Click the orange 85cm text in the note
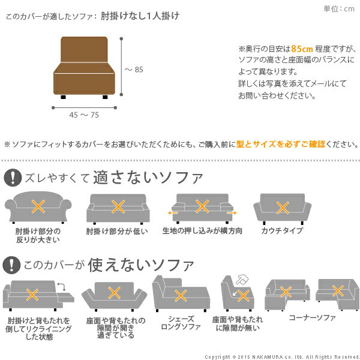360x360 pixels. (x=301, y=49)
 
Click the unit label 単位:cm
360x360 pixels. (x=339, y=8)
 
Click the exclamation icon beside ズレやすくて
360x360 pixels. (x=12, y=177)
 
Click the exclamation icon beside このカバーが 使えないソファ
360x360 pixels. (x=12, y=265)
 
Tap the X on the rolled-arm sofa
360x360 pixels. (x=38, y=207)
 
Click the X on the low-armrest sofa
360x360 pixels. (x=118, y=207)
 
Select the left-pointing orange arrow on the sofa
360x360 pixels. (x=173, y=212)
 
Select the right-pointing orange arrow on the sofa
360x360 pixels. (x=231, y=212)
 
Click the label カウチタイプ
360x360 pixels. (x=281, y=230)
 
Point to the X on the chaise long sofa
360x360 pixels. (x=180, y=295)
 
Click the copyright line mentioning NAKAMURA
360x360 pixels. (x=281, y=356)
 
